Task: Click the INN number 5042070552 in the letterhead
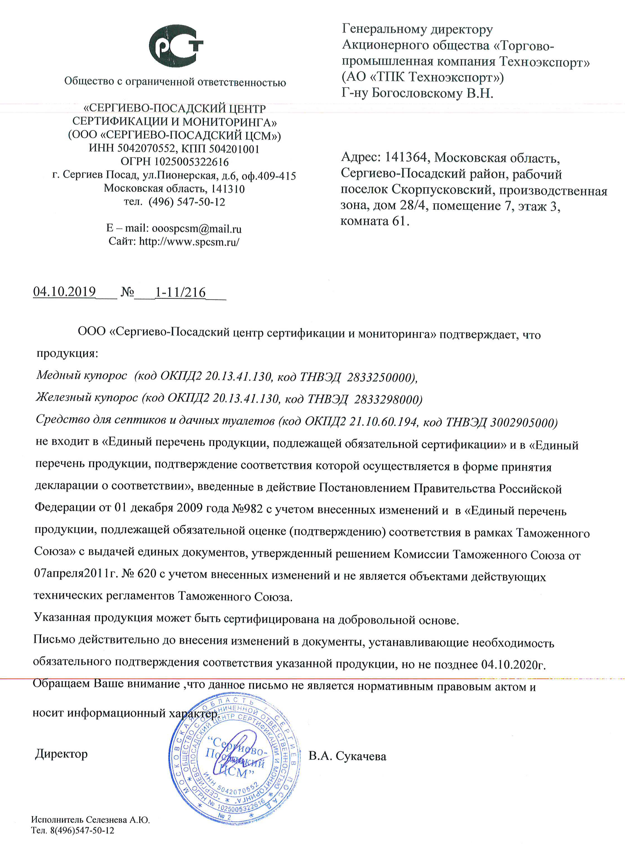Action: [x=146, y=148]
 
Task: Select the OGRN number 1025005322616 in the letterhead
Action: [x=191, y=162]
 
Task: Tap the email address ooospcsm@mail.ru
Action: [x=196, y=228]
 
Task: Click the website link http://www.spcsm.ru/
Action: [x=189, y=242]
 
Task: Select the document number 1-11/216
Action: [x=181, y=292]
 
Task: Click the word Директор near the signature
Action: [x=61, y=754]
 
